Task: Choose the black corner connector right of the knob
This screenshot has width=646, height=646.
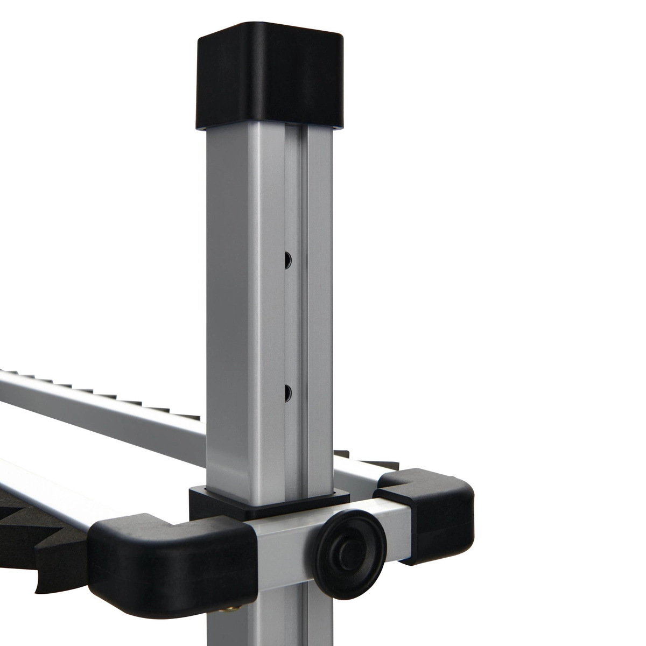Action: (x=431, y=517)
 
